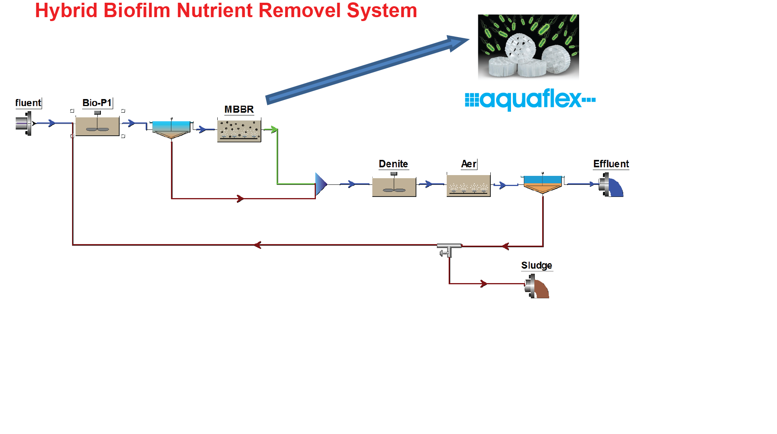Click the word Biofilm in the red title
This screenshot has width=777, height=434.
[137, 11]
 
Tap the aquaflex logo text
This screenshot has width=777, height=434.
[530, 99]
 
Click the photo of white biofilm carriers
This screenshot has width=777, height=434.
[528, 46]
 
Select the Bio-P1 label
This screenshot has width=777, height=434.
[97, 103]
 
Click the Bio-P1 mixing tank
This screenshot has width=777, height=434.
[97, 126]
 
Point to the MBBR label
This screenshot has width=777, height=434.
[239, 110]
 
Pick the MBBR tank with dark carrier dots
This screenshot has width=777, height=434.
[239, 130]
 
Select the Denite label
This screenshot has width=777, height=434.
[393, 164]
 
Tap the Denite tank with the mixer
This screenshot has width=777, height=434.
[394, 187]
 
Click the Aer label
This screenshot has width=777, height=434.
[469, 164]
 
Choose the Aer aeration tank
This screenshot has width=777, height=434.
[469, 186]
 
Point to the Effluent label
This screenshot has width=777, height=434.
[611, 164]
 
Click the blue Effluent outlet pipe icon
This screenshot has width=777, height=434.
[612, 186]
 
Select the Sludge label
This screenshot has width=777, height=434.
[536, 266]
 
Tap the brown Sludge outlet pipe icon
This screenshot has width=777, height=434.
[538, 287]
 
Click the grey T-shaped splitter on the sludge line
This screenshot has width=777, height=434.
[449, 248]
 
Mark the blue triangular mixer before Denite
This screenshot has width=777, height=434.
[321, 184]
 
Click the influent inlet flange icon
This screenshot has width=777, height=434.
[24, 123]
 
